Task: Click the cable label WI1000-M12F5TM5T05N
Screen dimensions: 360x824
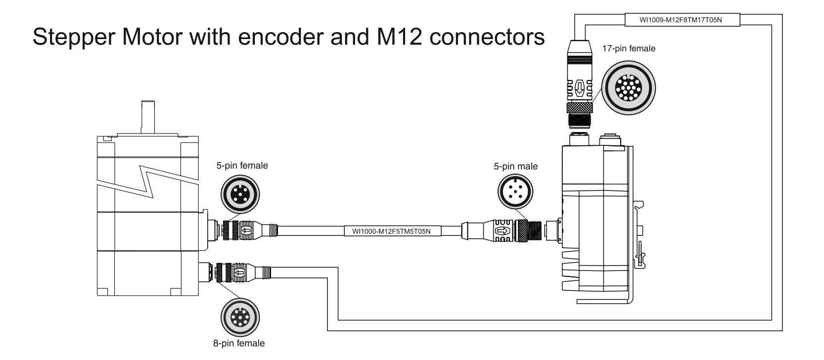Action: coord(392,230)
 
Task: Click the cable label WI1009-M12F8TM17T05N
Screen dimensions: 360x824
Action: coord(683,20)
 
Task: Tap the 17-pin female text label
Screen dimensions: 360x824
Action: coord(628,48)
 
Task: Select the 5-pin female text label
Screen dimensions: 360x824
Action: coord(242,166)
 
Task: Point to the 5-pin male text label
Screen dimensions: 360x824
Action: coord(515,166)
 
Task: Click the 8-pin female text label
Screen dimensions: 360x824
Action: coord(239,343)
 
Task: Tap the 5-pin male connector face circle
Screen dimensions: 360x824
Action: coord(515,192)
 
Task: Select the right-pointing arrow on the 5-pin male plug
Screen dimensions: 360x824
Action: coord(503,230)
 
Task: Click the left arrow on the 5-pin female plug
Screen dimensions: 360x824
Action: coord(246,230)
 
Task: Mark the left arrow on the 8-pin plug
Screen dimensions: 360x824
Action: coord(240,273)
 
